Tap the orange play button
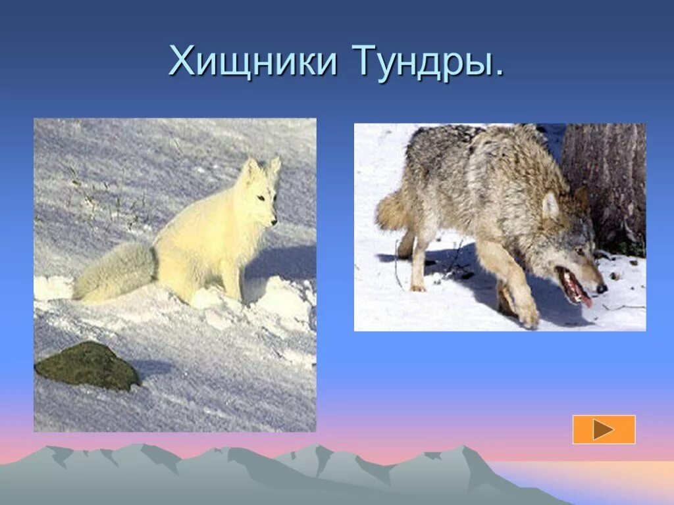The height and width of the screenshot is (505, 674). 604,429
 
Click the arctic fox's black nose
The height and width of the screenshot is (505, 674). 273,222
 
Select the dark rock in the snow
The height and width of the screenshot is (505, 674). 87,365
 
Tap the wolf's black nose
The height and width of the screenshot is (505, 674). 601,288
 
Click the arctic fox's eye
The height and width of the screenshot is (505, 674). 262,197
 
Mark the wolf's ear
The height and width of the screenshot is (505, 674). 550,205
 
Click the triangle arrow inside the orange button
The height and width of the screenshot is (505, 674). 603,429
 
